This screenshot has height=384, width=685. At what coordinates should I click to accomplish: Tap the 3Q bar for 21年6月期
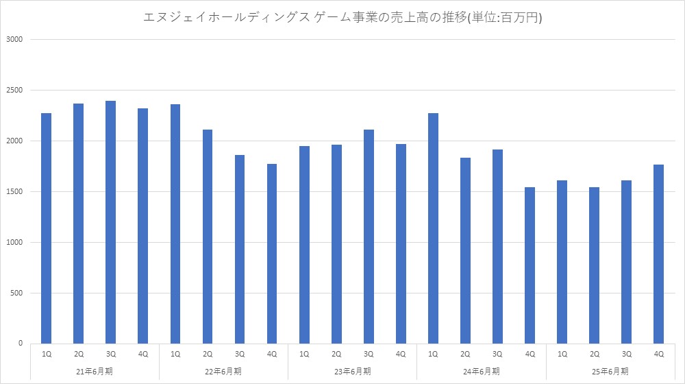point(110,222)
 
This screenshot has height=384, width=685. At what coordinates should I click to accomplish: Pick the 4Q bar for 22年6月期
point(272,254)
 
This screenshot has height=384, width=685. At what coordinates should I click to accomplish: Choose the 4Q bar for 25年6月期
point(659,254)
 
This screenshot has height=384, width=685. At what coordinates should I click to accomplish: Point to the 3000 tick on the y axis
point(15,40)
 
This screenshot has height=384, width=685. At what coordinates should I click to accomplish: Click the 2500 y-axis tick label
point(15,91)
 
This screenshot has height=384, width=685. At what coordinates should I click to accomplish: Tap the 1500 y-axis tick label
point(15,192)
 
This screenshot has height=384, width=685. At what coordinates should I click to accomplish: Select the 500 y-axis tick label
point(17,293)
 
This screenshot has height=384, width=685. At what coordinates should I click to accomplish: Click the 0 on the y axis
point(21,344)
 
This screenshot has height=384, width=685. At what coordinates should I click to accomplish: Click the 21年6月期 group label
point(95,371)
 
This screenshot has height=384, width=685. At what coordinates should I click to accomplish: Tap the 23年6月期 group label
point(352,371)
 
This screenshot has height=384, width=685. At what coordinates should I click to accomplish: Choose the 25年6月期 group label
point(610,371)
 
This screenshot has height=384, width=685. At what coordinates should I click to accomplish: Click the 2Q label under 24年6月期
point(465,354)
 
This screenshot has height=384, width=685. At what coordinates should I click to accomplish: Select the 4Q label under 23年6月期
point(401,354)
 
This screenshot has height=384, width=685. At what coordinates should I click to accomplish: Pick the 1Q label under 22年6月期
point(175,354)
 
